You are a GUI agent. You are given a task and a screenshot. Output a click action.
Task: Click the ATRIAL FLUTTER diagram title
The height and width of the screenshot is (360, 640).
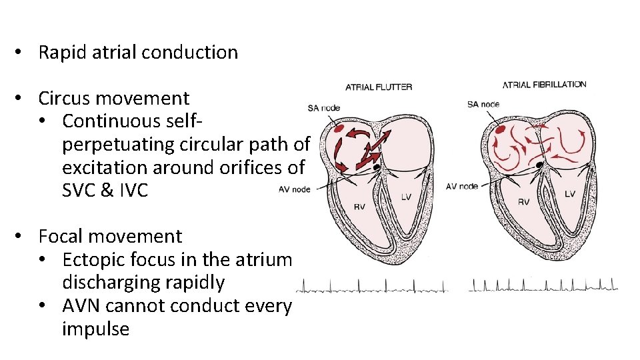(379, 87)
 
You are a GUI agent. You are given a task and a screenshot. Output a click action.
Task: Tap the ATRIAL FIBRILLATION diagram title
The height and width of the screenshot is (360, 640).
(544, 85)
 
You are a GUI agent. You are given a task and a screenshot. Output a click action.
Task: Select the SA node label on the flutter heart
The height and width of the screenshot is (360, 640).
(323, 108)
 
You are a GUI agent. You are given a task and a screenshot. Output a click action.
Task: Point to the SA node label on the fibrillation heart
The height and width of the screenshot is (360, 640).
(483, 104)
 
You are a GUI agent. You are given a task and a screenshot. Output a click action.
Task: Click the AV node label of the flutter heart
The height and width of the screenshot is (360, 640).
(294, 189)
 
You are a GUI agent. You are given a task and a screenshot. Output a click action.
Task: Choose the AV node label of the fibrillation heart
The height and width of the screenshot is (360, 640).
(461, 187)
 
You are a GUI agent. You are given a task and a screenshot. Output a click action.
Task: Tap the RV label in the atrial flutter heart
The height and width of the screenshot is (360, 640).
(359, 207)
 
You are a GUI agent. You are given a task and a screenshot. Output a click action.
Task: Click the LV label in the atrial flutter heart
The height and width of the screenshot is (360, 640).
(407, 197)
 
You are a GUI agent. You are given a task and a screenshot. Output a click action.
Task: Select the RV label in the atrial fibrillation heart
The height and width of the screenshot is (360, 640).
(524, 201)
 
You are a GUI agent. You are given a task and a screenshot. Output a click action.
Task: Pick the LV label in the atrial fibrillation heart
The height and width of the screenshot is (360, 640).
(570, 194)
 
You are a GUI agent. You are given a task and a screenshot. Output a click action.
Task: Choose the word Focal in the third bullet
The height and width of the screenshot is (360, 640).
(61, 237)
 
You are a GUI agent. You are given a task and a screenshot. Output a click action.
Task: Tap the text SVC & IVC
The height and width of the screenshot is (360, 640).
(105, 190)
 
